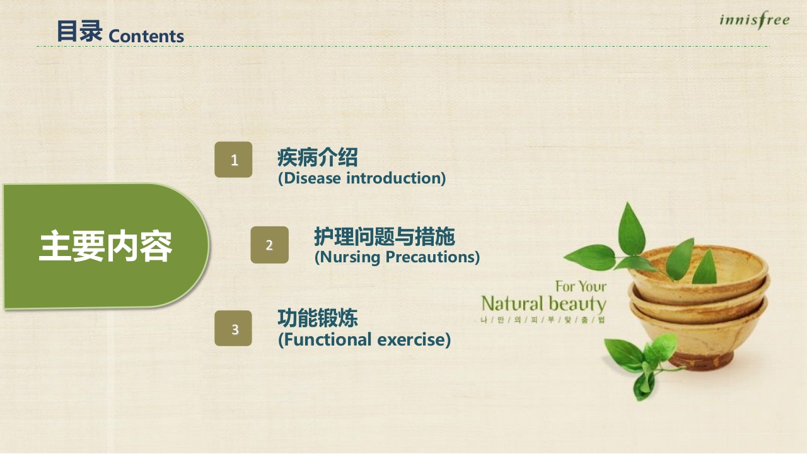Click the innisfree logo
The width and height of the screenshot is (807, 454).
[754, 21]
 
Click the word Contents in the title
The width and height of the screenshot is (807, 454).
[146, 37]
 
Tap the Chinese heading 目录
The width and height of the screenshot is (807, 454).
[79, 32]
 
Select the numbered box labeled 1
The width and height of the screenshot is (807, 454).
[233, 160]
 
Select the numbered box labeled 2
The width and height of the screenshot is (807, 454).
[269, 245]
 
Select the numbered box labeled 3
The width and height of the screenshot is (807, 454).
[233, 329]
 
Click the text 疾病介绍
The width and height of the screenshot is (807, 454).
[317, 157]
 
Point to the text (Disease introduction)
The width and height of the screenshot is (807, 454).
[362, 178]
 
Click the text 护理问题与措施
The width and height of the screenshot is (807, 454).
[384, 237]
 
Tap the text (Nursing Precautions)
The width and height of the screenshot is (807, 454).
[397, 257]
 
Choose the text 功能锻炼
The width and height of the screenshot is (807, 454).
[317, 318]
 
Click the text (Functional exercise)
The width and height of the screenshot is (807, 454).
[364, 340]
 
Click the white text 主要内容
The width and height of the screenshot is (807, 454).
[105, 247]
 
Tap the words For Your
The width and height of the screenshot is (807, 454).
[580, 287]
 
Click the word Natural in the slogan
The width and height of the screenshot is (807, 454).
[512, 304]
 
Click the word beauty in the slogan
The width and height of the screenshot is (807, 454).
[577, 304]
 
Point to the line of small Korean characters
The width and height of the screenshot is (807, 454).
[542, 320]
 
